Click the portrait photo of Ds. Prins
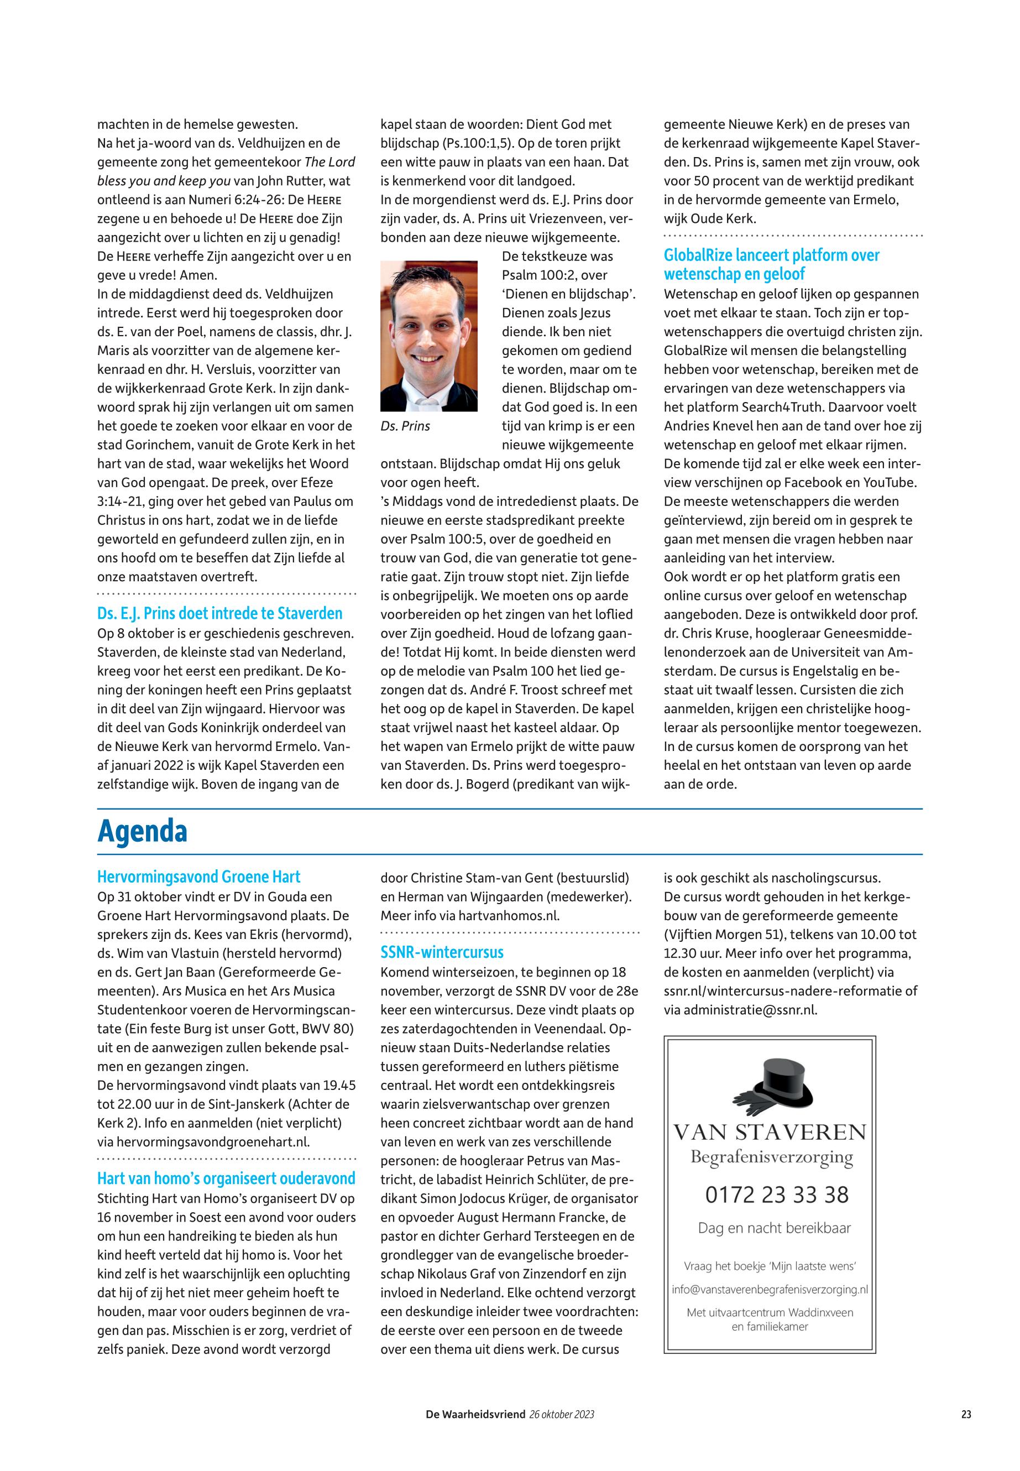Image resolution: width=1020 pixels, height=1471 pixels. (x=428, y=336)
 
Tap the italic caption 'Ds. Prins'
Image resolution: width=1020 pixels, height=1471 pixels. (x=405, y=426)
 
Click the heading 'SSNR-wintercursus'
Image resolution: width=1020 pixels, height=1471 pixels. (x=442, y=952)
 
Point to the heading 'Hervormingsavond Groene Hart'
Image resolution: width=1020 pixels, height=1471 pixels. (x=198, y=877)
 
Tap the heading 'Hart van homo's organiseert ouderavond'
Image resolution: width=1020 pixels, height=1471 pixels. (x=226, y=1178)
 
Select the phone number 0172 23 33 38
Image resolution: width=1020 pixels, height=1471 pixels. (x=777, y=1194)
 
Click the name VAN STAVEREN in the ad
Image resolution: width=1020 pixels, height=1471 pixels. (x=770, y=1133)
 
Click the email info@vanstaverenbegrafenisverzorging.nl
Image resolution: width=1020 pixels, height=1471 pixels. (x=770, y=1290)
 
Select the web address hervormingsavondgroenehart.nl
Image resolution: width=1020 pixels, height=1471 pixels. (x=203, y=1142)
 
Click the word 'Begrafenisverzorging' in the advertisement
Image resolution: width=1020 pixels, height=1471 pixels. (x=771, y=1156)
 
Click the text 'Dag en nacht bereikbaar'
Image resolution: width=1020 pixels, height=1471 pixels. (x=774, y=1228)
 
